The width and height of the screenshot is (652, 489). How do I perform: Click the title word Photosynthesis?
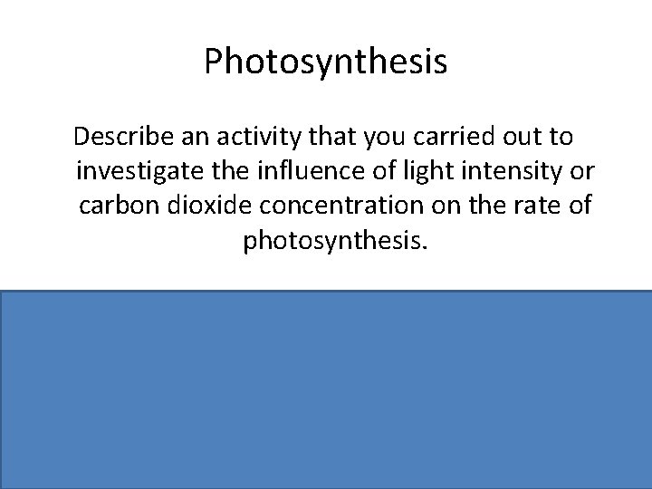(325, 62)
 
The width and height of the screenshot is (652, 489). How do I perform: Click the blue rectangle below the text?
(326, 389)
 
